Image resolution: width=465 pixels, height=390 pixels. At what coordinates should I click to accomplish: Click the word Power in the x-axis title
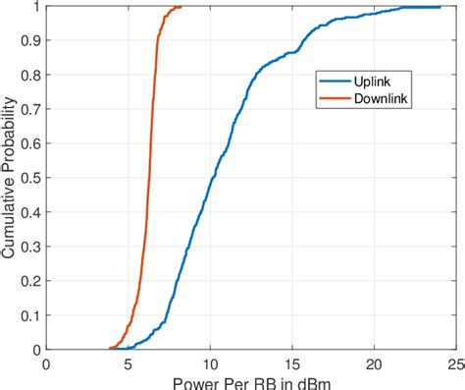(195, 382)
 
